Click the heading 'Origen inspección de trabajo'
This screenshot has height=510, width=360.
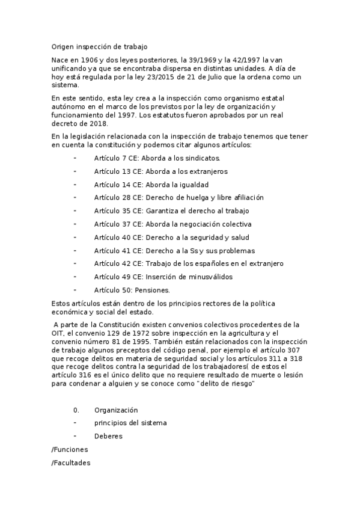point(99,46)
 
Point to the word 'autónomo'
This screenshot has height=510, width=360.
point(69,107)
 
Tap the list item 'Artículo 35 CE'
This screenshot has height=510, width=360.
point(118,211)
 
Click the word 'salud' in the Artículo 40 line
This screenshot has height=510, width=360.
point(237,238)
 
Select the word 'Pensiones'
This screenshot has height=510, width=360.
point(142,290)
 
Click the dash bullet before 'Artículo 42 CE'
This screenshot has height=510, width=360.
point(75,263)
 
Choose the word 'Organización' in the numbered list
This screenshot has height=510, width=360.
point(117,410)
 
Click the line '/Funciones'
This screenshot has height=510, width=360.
point(70,449)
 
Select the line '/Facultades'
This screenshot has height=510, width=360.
point(72,464)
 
